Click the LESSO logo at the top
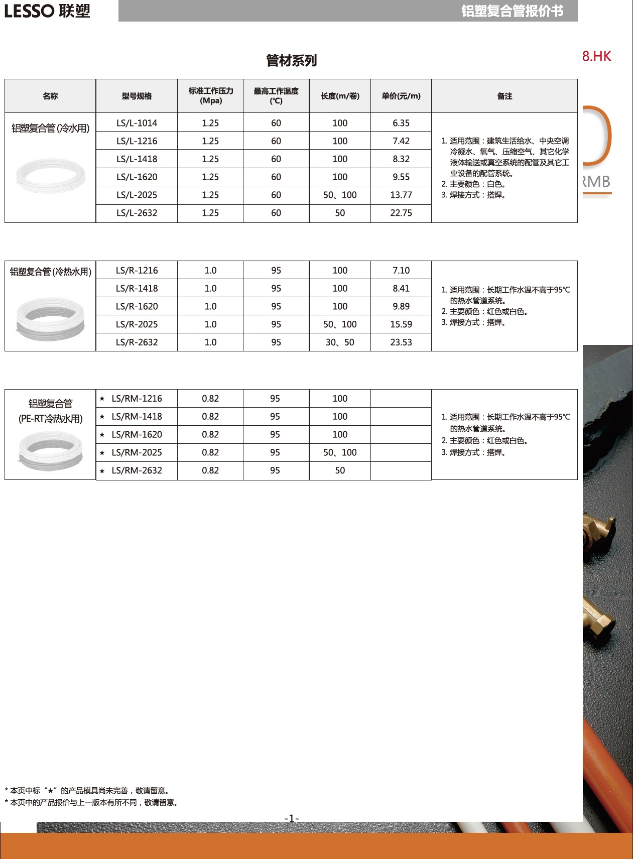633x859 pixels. click(x=47, y=11)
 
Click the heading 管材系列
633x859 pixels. click(x=292, y=61)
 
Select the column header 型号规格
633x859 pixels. click(x=137, y=96)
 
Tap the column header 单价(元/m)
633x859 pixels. click(x=401, y=96)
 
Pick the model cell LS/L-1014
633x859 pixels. click(x=137, y=123)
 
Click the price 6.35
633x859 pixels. click(x=401, y=123)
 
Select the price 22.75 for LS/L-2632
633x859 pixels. click(x=401, y=213)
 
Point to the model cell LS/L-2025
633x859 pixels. click(x=137, y=195)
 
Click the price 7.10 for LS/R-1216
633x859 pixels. click(x=401, y=270)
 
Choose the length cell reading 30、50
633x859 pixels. click(x=340, y=342)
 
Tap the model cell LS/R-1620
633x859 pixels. click(x=137, y=306)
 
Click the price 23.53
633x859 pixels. click(x=401, y=342)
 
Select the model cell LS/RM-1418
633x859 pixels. click(x=137, y=417)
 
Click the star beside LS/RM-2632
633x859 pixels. click(x=102, y=471)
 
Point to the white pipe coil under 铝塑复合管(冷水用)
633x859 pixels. click(x=50, y=175)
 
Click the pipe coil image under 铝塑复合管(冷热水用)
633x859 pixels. click(x=50, y=318)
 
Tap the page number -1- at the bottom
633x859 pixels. click(x=292, y=818)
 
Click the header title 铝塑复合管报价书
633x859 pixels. click(x=512, y=11)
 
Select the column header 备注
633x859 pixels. click(x=504, y=96)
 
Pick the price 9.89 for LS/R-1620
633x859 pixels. click(x=401, y=306)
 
